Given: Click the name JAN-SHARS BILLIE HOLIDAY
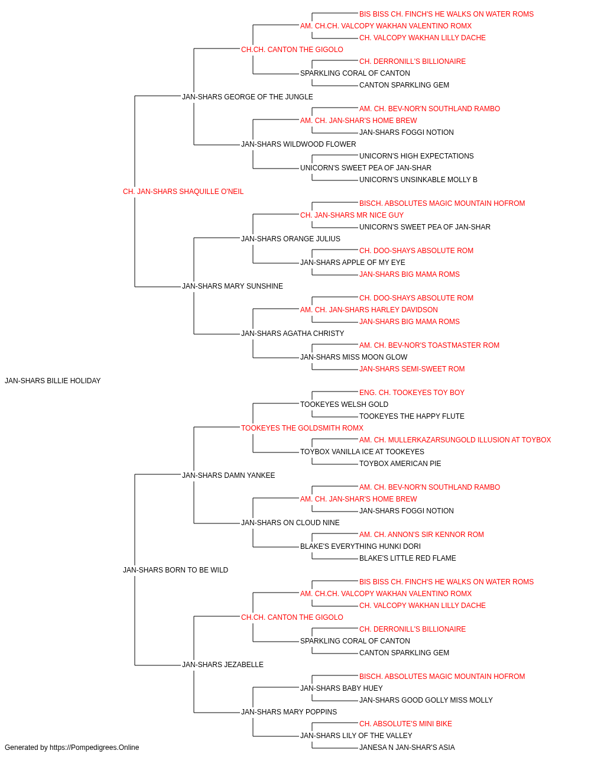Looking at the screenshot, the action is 53,381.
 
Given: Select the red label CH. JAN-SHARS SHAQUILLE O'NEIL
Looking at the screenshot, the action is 183,192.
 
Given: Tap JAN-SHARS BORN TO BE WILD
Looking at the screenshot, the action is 176,570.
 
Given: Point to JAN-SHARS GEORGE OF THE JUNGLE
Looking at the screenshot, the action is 248,97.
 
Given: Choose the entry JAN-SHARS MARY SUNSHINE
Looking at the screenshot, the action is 232,286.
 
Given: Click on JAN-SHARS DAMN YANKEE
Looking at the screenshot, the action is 228,475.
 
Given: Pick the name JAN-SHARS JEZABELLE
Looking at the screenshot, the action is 223,665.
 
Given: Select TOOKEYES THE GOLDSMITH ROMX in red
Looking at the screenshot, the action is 302,428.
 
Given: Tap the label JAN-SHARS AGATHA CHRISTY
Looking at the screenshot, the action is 293,334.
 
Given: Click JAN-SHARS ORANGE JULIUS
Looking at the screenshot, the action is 291,238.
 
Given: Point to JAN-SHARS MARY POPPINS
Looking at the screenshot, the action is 289,712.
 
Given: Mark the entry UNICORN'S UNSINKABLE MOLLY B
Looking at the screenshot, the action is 418,180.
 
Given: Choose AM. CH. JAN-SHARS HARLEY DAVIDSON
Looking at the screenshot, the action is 369,310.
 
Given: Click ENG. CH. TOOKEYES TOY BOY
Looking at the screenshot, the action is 412,393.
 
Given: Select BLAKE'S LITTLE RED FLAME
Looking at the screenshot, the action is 408,558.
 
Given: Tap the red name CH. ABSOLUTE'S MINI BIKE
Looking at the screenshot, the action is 405,724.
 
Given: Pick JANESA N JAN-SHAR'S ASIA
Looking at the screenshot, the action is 407,748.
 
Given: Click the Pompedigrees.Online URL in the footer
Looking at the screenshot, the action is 95,748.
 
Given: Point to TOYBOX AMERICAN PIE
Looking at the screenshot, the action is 400,464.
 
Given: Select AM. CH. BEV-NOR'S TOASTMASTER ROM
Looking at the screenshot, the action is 429,345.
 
